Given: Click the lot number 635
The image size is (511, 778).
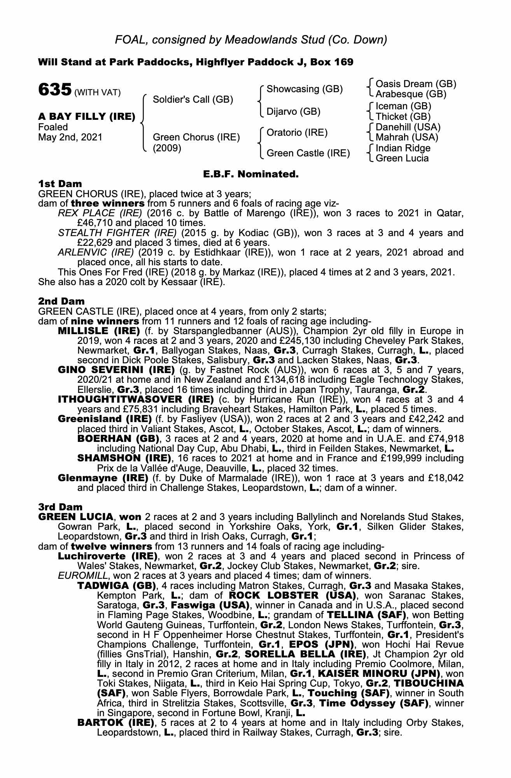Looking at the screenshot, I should click(x=54, y=90).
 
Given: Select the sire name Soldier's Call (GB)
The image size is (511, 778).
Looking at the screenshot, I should click(x=193, y=100).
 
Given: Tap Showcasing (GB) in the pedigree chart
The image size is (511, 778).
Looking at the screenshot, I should click(x=304, y=89).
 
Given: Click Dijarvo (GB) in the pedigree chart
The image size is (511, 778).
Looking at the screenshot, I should click(x=293, y=112).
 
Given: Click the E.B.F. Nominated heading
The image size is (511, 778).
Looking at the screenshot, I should click(x=251, y=174).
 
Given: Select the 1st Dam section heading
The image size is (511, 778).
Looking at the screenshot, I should click(x=60, y=183).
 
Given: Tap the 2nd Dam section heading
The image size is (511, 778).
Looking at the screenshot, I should click(x=61, y=301).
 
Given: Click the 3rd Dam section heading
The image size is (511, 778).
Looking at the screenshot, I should click(x=60, y=507).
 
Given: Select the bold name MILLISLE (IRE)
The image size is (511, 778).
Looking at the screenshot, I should click(x=99, y=331).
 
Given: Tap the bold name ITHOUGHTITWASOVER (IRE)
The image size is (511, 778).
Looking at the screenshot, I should click(x=136, y=400).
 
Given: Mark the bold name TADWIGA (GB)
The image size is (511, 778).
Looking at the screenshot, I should click(x=117, y=585).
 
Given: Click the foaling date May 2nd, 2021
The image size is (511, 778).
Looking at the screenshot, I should click(x=70, y=137).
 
